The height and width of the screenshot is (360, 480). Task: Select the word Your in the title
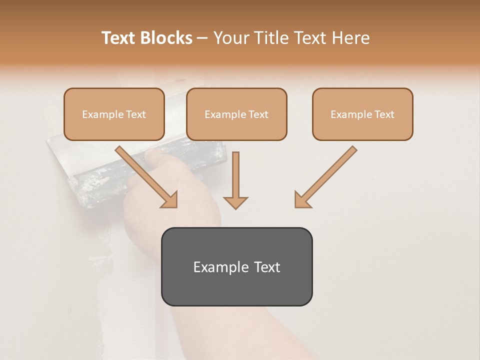point(231,38)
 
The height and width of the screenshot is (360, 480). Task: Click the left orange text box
point(114,114)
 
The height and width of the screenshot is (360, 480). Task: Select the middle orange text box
point(236,114)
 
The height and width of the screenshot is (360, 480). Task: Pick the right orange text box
point(362,114)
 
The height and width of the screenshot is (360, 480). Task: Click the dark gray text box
point(236,266)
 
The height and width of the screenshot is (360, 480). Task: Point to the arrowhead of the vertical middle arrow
point(235,202)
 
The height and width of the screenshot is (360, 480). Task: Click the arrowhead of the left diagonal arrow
point(170,200)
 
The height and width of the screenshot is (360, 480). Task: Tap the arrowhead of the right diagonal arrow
point(302,200)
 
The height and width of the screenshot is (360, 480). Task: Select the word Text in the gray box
point(267,267)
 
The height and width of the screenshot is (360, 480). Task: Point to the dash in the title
point(202,38)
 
